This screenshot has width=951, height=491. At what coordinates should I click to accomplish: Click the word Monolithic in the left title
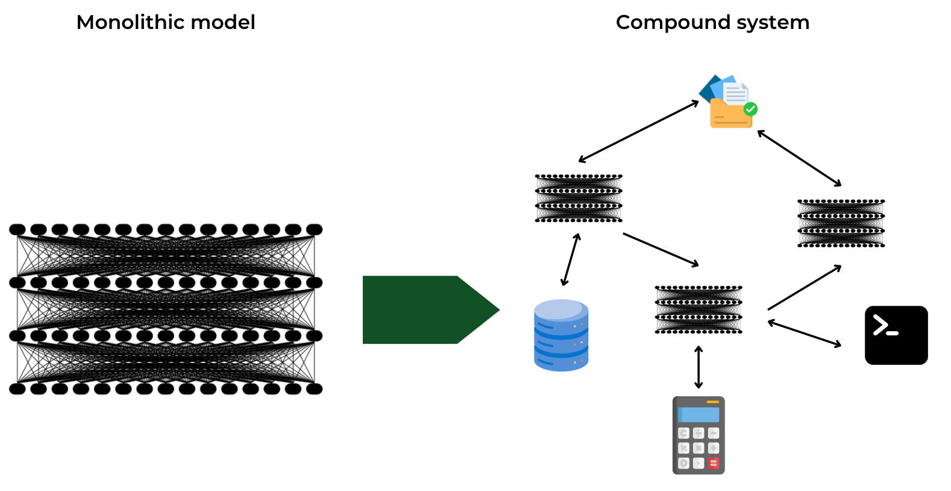tap(124, 22)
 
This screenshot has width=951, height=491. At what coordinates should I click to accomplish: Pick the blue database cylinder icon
tap(561, 335)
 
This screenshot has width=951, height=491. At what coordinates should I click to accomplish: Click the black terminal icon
tap(896, 335)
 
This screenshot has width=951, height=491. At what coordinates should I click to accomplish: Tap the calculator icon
tap(698, 435)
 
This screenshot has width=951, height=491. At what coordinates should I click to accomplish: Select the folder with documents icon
tap(728, 103)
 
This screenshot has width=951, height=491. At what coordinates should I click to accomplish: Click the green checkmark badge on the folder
tap(750, 109)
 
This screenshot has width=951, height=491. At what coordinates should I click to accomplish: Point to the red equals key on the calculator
tap(714, 463)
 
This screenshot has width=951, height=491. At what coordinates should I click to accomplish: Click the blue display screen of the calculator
tap(699, 415)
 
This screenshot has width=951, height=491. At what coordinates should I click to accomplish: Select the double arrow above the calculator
tap(698, 367)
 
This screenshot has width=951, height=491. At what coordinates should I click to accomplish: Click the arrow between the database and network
tap(570, 259)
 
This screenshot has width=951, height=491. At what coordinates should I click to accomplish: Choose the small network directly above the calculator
tap(698, 309)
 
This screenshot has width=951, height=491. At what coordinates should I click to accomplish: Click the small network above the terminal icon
tap(841, 223)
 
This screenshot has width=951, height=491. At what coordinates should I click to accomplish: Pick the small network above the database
tap(579, 198)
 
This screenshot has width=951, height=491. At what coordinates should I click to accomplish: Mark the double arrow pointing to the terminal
tap(805, 334)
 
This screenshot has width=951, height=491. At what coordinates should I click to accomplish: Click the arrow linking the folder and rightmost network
tap(799, 158)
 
